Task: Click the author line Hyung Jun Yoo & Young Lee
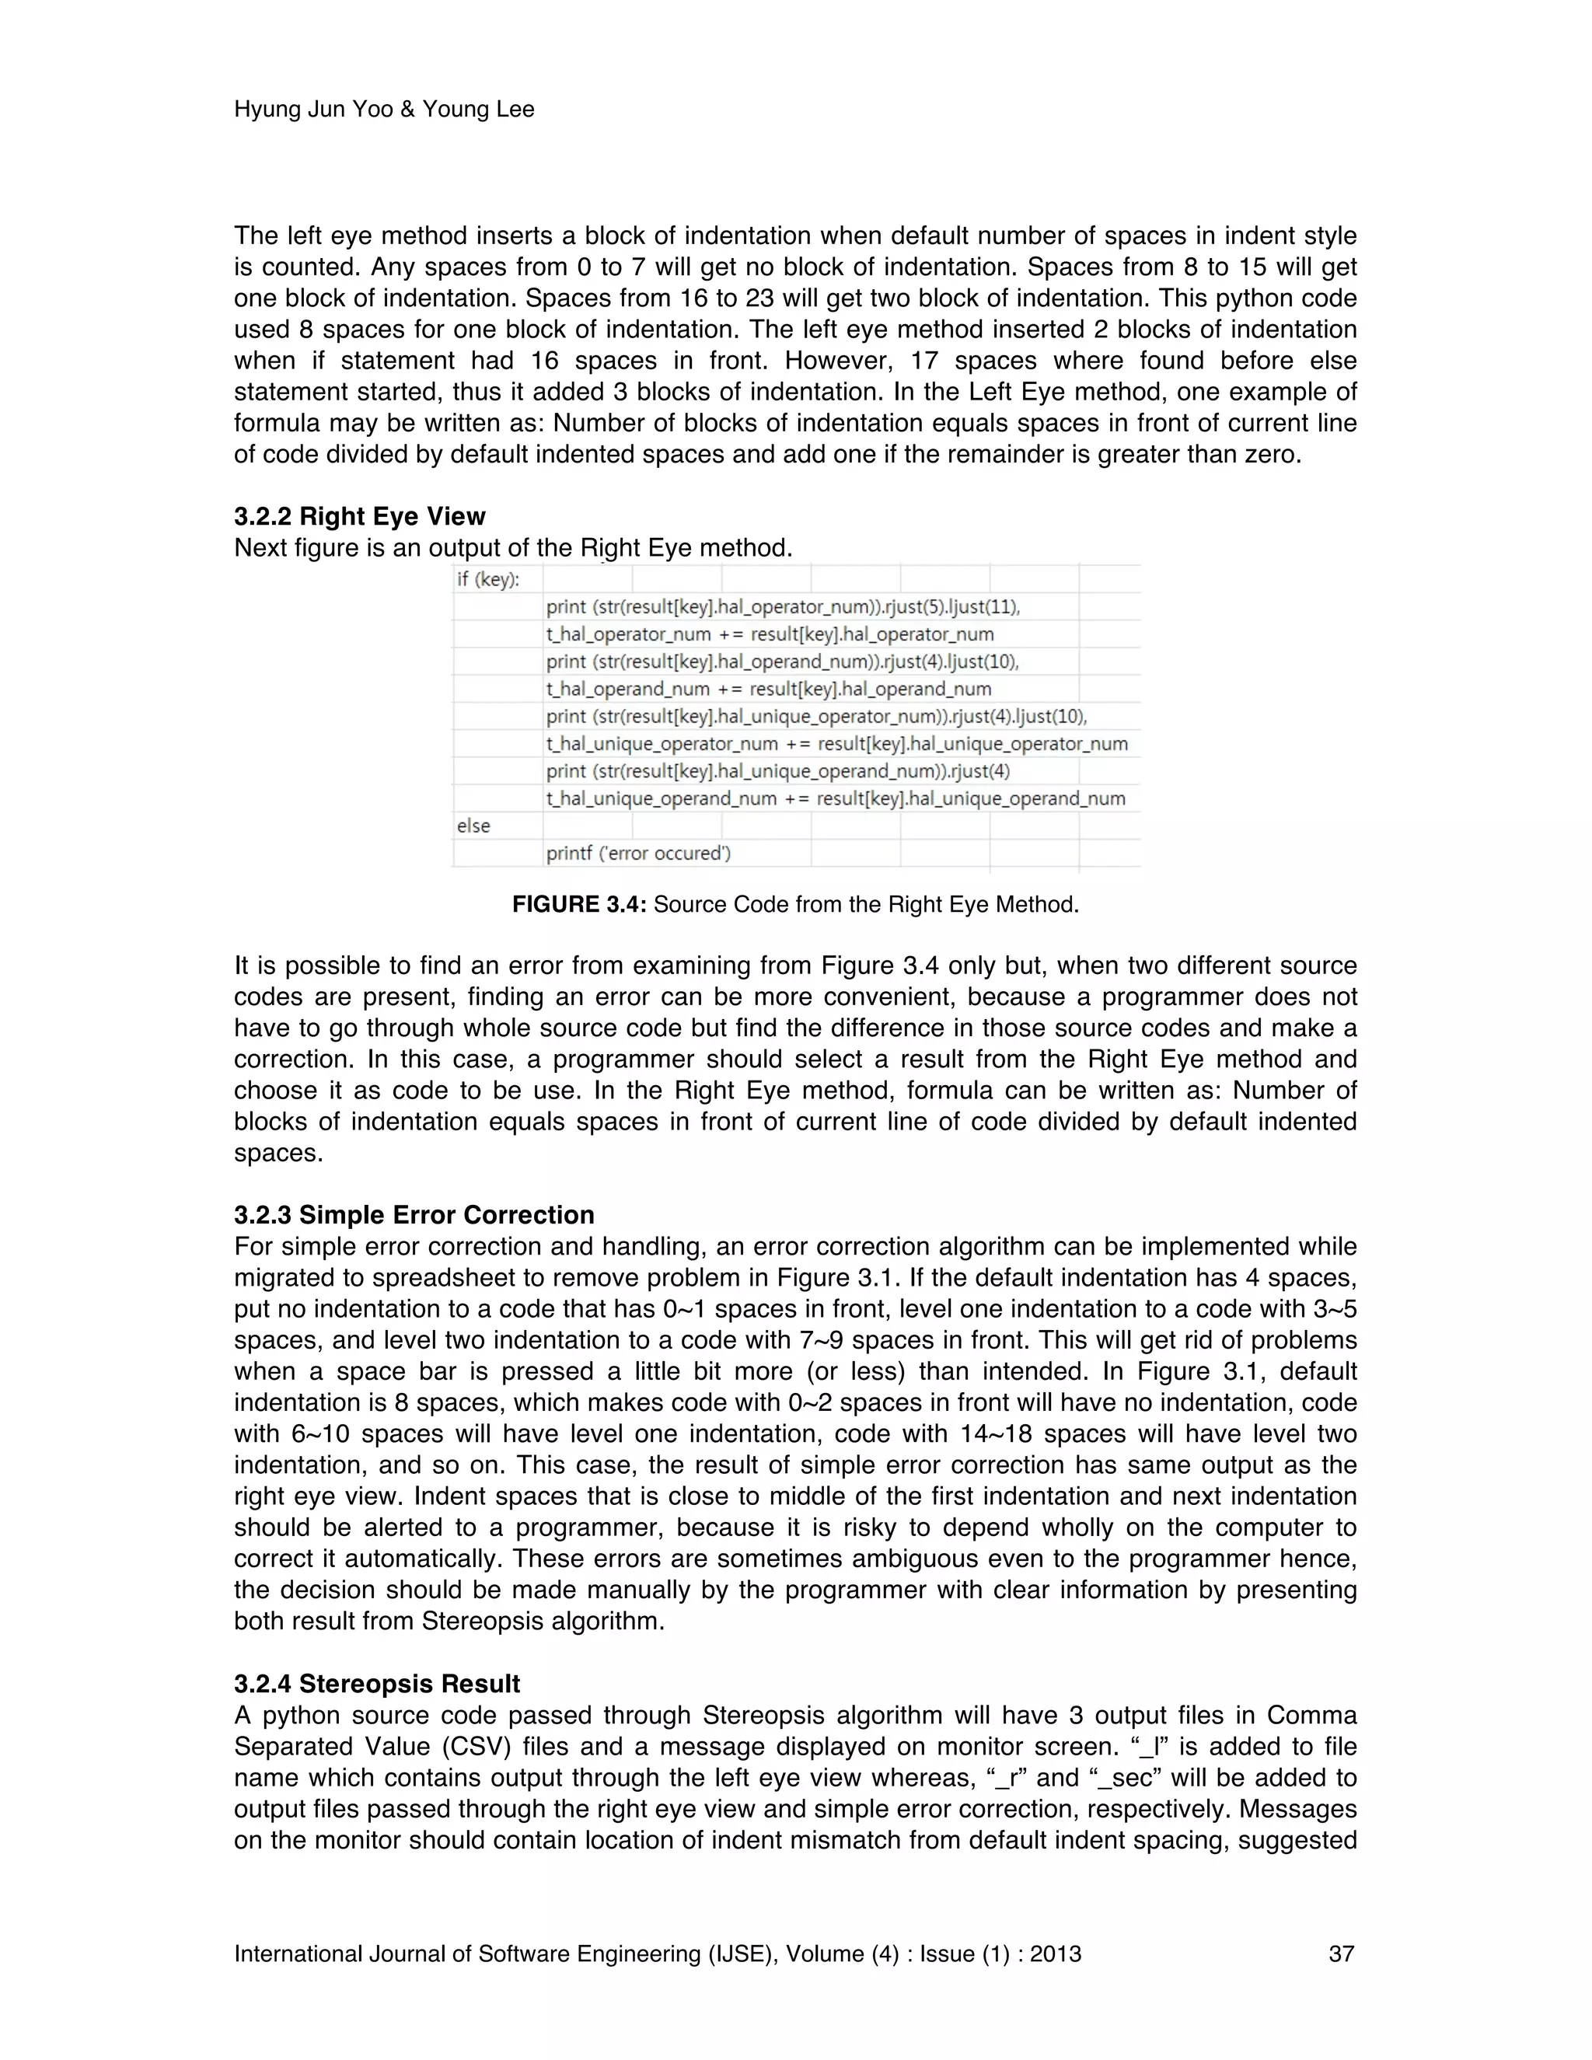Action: (384, 110)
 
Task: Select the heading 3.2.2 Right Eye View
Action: (359, 516)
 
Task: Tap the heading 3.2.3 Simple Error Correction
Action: (414, 1215)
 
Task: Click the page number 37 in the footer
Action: (1341, 1954)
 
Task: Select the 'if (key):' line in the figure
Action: (487, 579)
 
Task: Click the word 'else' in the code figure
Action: (473, 826)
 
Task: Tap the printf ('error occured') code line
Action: (638, 854)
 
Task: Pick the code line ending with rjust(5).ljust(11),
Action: (783, 606)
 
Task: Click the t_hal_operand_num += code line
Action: (768, 689)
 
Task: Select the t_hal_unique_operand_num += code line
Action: (836, 799)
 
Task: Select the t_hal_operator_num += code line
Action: (770, 634)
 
